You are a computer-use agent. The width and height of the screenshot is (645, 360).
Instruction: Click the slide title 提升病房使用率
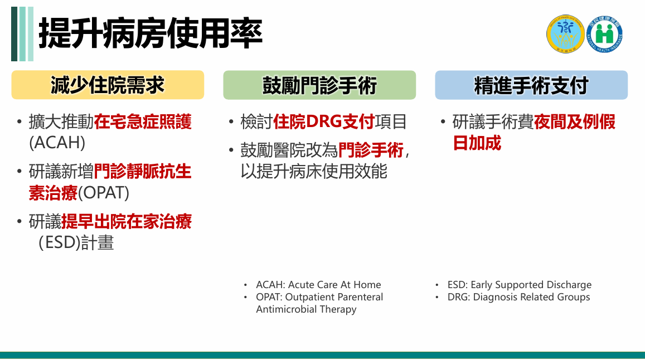pyautogui.click(x=151, y=33)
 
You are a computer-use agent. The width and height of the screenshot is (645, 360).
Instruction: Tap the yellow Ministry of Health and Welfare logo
pyautogui.click(x=565, y=34)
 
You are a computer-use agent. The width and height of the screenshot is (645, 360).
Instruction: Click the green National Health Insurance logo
pyautogui.click(x=604, y=34)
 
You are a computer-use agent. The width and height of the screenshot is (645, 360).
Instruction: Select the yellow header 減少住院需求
pyautogui.click(x=108, y=85)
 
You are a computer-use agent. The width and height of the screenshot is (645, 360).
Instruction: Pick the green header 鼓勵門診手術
pyautogui.click(x=319, y=85)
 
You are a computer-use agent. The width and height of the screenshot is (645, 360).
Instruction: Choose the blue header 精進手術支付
pyautogui.click(x=531, y=85)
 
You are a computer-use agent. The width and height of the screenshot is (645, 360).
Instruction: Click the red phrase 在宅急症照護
pyautogui.click(x=143, y=122)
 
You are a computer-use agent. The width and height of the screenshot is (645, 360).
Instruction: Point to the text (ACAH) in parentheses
pyautogui.click(x=57, y=143)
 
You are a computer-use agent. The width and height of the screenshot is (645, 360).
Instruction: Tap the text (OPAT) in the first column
pyautogui.click(x=103, y=193)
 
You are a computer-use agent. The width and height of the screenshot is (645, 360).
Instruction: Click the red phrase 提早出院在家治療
pyautogui.click(x=127, y=222)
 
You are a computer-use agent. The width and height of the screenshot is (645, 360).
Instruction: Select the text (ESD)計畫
pyautogui.click(x=76, y=242)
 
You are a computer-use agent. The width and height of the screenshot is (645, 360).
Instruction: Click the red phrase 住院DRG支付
pyautogui.click(x=324, y=122)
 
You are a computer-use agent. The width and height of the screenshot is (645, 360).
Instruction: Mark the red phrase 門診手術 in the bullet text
pyautogui.click(x=371, y=150)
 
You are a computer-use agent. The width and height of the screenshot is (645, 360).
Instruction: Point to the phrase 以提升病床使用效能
pyautogui.click(x=314, y=172)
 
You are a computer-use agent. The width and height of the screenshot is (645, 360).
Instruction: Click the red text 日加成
pyautogui.click(x=477, y=143)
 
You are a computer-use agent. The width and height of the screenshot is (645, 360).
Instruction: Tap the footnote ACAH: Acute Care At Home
pyautogui.click(x=318, y=285)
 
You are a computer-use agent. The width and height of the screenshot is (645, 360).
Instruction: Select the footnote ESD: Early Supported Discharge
pyautogui.click(x=520, y=285)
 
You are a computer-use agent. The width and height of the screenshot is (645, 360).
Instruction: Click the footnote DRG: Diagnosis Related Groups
pyautogui.click(x=518, y=297)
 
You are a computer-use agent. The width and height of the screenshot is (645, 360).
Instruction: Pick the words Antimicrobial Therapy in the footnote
pyautogui.click(x=306, y=309)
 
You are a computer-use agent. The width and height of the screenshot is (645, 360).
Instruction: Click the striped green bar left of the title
pyautogui.click(x=22, y=34)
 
